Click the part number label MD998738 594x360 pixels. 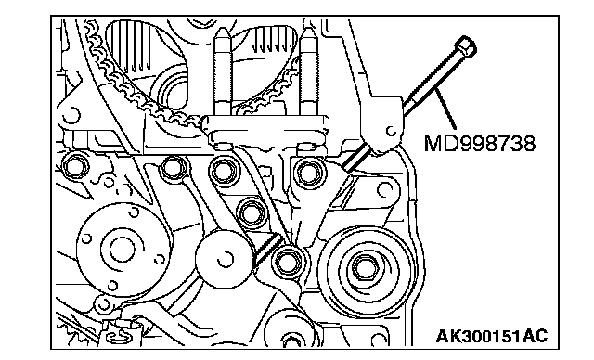(480, 144)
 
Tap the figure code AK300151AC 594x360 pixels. (492, 336)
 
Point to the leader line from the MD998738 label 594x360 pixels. (445, 108)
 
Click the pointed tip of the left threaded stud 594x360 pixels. (222, 32)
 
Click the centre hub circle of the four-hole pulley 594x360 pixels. (122, 250)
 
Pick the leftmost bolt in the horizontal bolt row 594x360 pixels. (74, 166)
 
